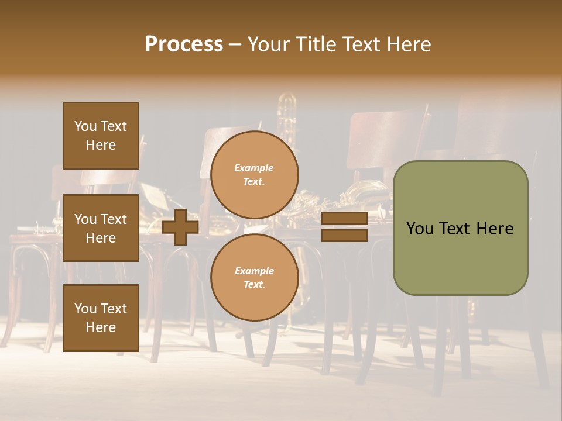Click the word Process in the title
tap(184, 44)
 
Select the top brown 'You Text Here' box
tap(101, 136)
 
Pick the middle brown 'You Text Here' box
tap(101, 228)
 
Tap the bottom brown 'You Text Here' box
tap(101, 318)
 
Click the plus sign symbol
tap(180, 227)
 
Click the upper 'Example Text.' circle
tap(255, 175)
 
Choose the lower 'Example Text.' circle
tap(255, 278)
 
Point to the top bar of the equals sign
tap(345, 219)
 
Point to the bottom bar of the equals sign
tap(345, 235)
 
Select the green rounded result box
tap(460, 228)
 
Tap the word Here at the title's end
tap(409, 44)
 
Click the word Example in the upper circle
tap(254, 168)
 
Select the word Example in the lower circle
tap(254, 271)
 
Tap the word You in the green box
tap(421, 229)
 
